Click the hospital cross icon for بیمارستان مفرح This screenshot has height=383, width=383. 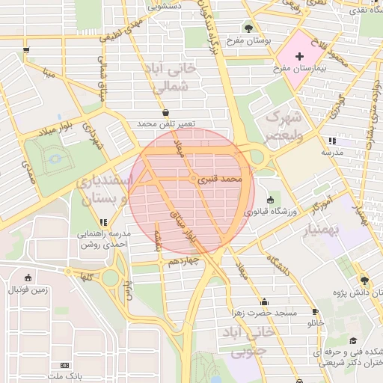point(300,57)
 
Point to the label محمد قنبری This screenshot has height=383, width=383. point(224,180)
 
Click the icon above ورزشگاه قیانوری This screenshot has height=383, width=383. point(269,200)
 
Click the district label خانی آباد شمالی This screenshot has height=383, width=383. point(171,78)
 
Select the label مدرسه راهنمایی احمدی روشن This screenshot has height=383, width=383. point(104,238)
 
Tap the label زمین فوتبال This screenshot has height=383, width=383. point(28,289)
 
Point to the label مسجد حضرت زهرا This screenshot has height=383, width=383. point(270,312)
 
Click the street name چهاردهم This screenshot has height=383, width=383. point(183,261)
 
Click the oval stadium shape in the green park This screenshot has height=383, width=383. point(55,159)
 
